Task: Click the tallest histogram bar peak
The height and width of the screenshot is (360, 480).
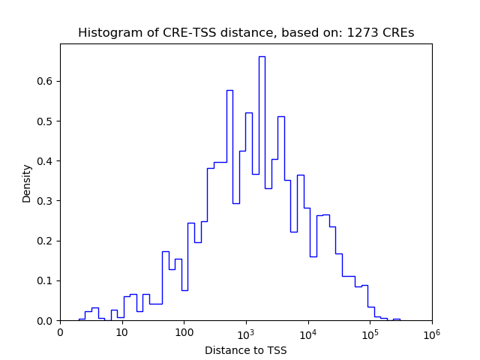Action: coord(262,57)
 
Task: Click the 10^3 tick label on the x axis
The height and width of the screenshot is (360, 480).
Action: coord(246,332)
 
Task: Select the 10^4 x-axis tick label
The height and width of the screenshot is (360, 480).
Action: coord(307,332)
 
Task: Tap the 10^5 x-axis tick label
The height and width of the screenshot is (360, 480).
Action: coord(370,332)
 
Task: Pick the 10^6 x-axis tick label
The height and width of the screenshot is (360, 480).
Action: coord(432,332)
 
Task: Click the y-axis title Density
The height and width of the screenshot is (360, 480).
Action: coord(27,182)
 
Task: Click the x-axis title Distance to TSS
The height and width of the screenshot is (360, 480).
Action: coord(246,349)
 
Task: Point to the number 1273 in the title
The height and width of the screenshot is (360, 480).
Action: coord(361,33)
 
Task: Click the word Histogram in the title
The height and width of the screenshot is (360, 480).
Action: coord(106,33)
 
